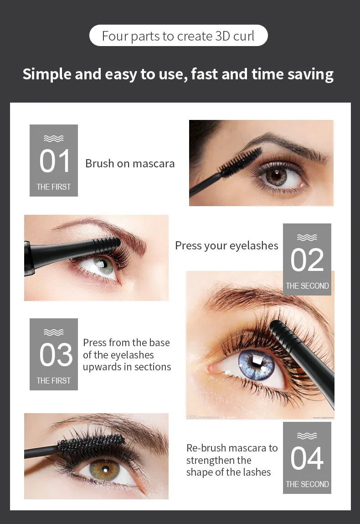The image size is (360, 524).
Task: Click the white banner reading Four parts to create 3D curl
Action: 178,36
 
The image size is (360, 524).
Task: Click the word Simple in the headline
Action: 47,74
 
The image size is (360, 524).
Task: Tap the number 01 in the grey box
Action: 54,161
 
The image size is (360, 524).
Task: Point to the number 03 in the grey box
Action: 56,354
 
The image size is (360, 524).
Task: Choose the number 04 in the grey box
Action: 307,458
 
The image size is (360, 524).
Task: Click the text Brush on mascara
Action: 130,163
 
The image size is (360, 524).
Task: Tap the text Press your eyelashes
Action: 226,246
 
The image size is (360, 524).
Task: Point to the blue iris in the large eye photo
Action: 257,364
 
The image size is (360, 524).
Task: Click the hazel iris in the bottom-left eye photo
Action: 104,469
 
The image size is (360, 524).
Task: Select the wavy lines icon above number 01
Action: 53,138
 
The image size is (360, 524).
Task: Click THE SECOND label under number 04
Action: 307,484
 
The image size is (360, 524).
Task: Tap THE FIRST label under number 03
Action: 53,380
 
